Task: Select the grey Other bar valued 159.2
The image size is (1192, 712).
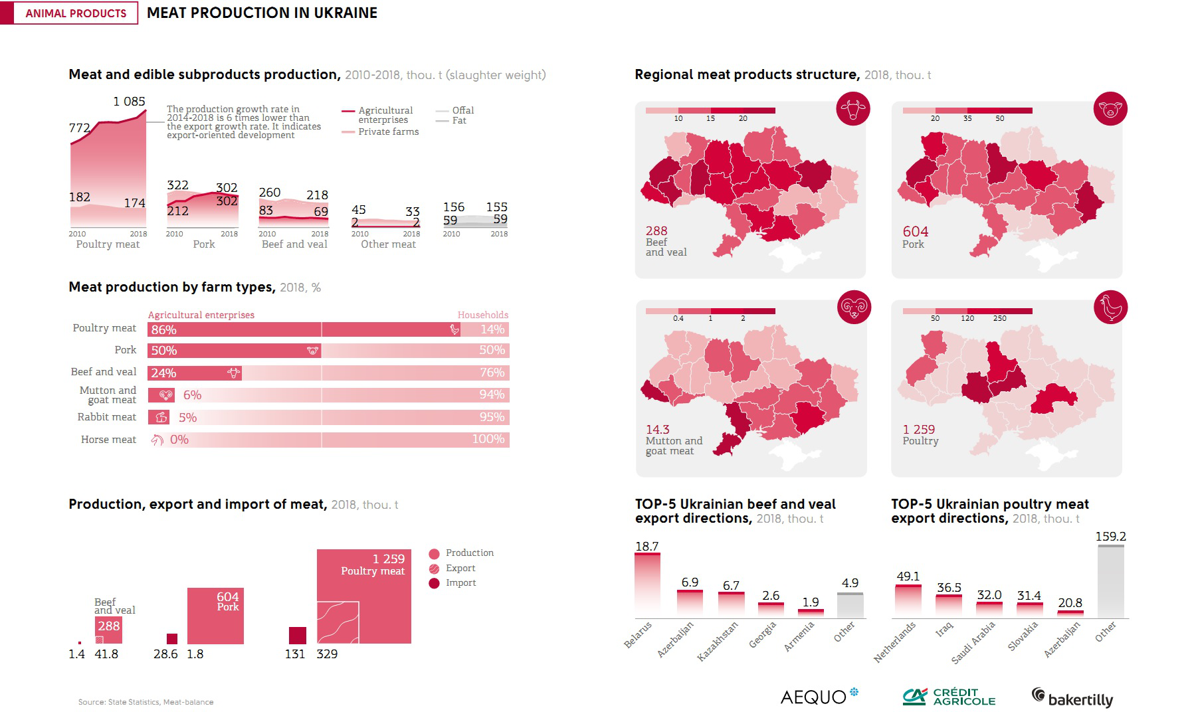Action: (1110, 582)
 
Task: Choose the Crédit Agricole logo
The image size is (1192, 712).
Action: (949, 697)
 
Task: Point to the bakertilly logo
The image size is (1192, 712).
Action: (1072, 697)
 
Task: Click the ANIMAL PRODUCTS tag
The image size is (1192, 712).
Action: (76, 13)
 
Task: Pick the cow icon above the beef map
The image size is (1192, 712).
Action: (852, 109)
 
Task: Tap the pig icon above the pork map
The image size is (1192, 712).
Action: (1110, 109)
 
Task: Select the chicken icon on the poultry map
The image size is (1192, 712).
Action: (1110, 308)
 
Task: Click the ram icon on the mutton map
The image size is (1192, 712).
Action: (854, 308)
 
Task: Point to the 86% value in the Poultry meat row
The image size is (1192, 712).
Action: (164, 329)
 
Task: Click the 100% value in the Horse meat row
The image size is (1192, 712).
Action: (488, 439)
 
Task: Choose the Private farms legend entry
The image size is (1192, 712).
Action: (388, 132)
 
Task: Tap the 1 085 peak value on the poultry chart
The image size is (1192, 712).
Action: (129, 102)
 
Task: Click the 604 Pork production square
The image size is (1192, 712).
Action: (215, 616)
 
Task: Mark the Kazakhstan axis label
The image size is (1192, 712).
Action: (717, 641)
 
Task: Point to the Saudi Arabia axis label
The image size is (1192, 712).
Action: (973, 642)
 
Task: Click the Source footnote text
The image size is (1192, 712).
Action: (146, 702)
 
